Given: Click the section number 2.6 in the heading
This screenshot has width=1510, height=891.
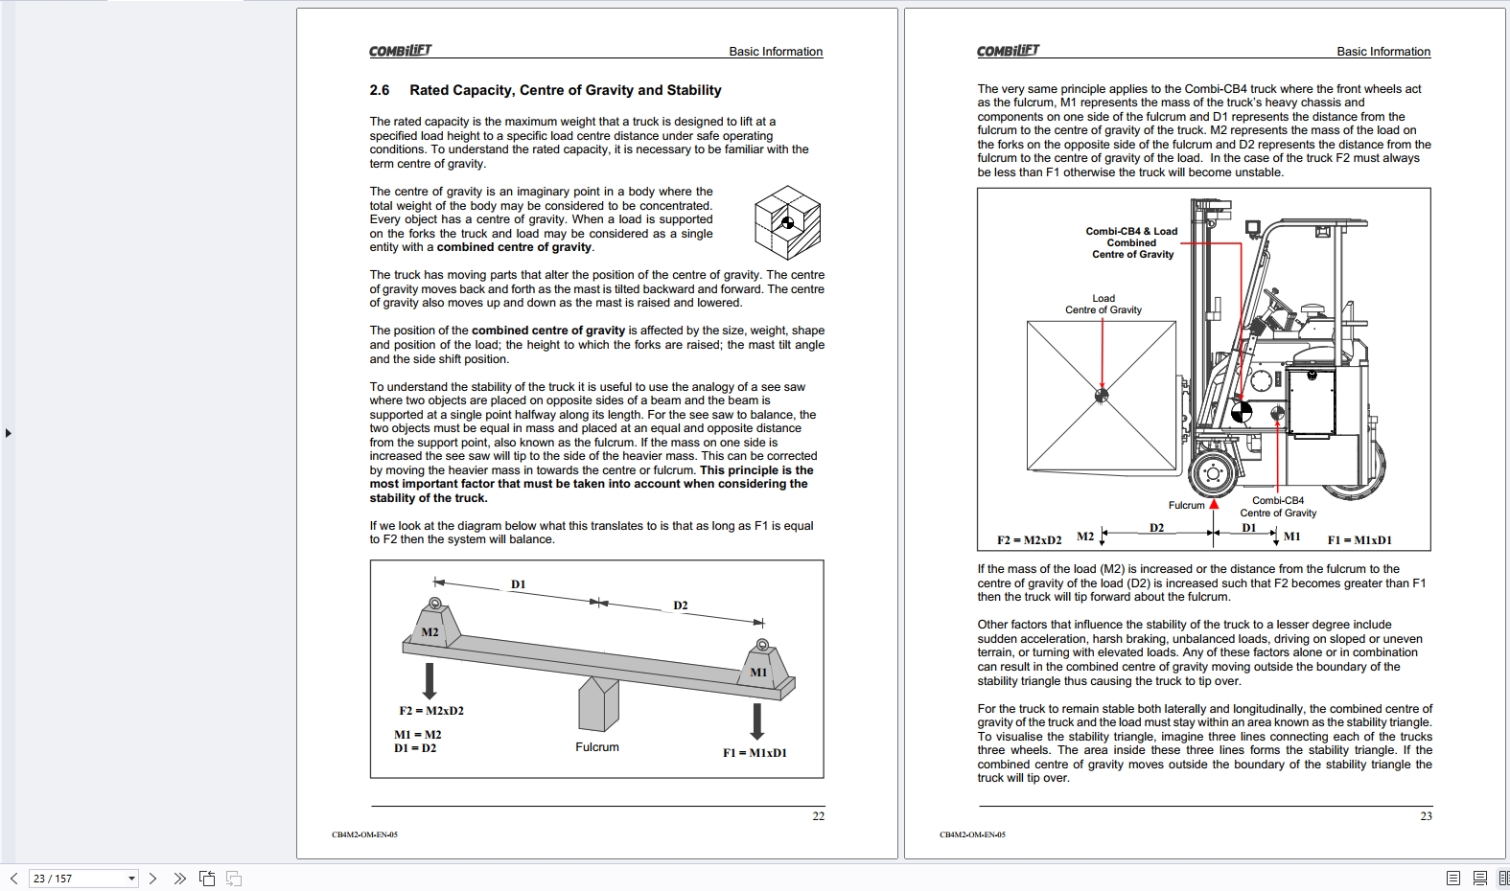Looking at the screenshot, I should click(x=380, y=90).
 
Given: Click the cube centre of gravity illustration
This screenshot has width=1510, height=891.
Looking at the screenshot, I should click(x=787, y=222).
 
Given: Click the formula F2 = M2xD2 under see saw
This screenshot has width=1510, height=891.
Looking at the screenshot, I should click(x=431, y=711).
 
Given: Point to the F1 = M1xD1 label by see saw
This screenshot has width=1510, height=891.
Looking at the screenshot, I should click(x=755, y=753).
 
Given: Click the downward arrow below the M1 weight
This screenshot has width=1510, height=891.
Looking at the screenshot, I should click(x=757, y=720).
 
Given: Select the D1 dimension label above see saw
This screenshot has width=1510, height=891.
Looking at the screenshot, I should click(x=519, y=584).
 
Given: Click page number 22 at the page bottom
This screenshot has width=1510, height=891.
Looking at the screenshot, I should click(x=818, y=816).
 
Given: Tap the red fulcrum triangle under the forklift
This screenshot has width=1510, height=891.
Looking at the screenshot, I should click(x=1214, y=504).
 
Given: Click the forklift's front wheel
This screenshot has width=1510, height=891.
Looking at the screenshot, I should click(x=1214, y=473).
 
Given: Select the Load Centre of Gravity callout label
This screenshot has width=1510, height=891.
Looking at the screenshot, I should click(x=1103, y=304).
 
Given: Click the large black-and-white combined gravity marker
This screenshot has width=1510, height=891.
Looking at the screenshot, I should click(x=1242, y=413).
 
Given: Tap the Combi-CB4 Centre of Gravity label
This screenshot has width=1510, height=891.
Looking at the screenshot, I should click(x=1278, y=507).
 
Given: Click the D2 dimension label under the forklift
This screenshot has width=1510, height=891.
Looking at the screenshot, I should click(x=1157, y=528).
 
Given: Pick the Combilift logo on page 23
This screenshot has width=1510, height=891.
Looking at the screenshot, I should click(x=1008, y=51).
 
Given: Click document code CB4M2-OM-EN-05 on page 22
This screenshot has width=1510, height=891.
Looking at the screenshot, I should click(x=364, y=834).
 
